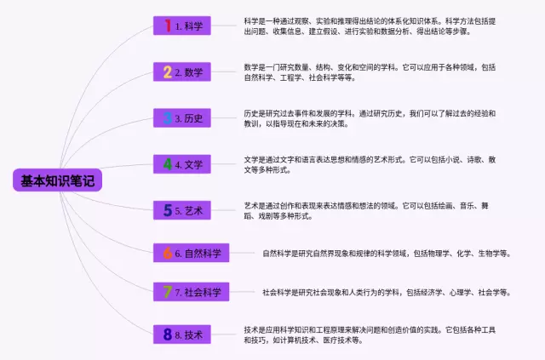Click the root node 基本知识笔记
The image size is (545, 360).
[58, 180]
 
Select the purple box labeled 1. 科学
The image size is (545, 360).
[181, 26]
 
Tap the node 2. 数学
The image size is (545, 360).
[181, 72]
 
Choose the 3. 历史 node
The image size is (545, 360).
[181, 118]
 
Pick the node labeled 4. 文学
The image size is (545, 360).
[181, 164]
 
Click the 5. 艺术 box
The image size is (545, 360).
[181, 209]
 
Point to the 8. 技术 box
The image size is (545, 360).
[181, 335]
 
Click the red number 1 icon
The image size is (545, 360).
[167, 26]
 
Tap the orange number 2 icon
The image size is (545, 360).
[167, 72]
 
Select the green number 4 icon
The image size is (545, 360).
[167, 164]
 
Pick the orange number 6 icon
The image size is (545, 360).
[167, 253]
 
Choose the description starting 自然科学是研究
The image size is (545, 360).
[386, 253]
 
